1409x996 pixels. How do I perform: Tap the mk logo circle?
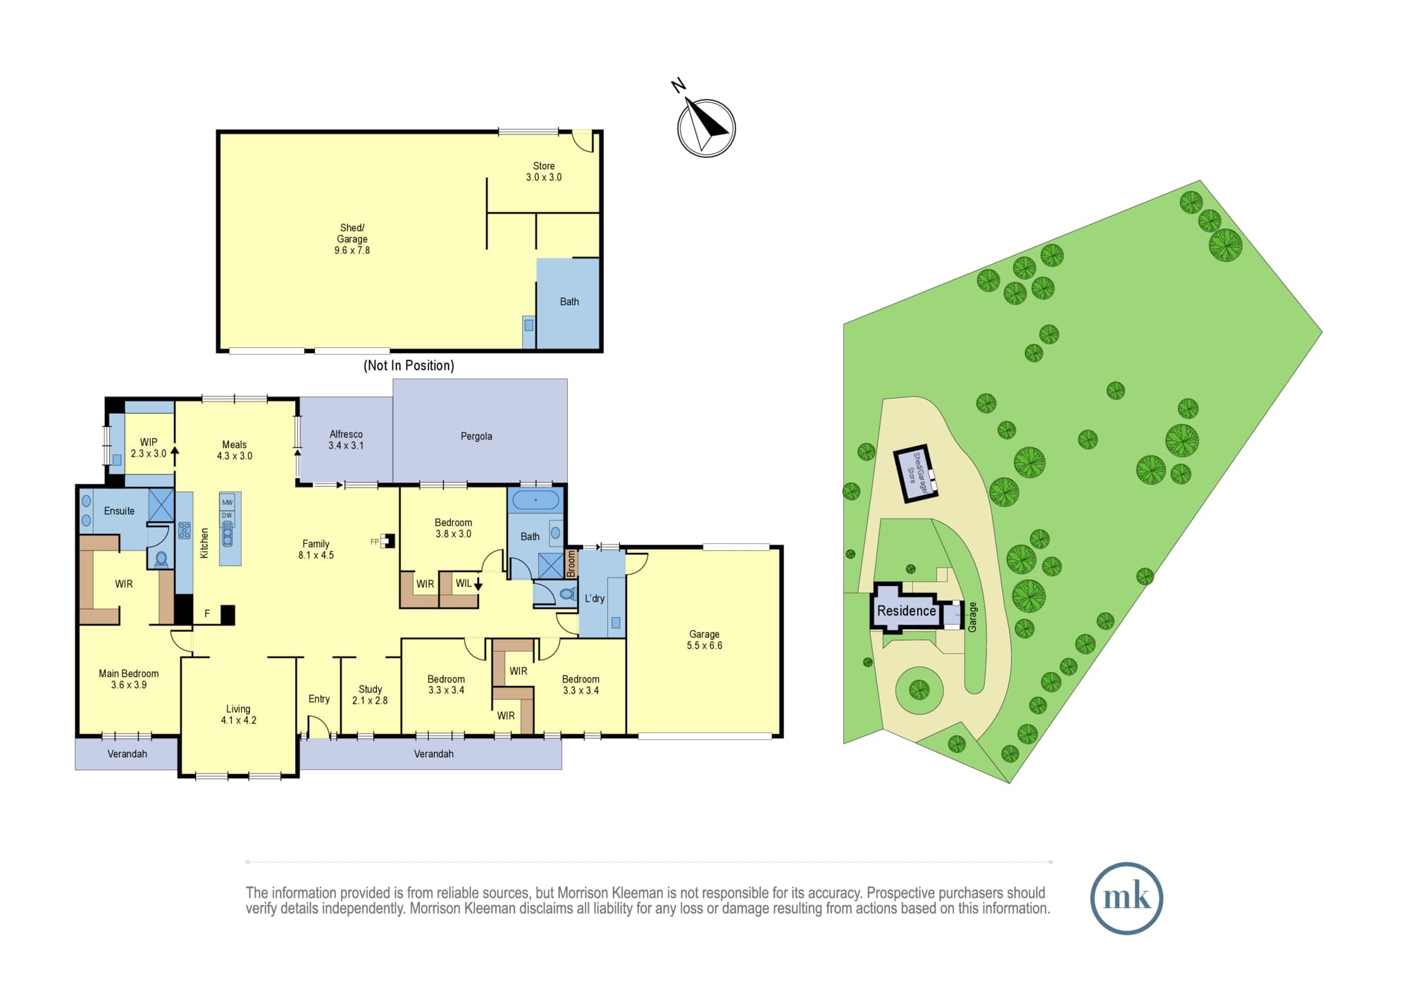point(1126,898)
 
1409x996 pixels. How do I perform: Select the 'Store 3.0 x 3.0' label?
point(544,172)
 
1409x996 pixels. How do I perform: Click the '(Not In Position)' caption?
point(409,366)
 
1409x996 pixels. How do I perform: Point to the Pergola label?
point(476,437)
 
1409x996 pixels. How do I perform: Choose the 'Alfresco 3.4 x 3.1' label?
point(346,440)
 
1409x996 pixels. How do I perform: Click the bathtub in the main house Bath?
point(535,500)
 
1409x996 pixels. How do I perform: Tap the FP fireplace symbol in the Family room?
point(387,541)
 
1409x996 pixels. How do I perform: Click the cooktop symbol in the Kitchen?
point(185,530)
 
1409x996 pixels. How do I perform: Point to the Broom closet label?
point(571,564)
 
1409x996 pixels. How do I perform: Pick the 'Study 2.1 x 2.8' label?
point(370,695)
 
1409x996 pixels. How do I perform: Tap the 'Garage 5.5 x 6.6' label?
point(704,640)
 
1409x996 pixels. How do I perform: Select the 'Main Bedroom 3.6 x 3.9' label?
point(129,679)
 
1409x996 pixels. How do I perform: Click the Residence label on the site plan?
point(907,611)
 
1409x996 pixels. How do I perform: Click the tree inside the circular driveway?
point(919,690)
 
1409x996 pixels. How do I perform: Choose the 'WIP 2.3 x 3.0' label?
point(149,448)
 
